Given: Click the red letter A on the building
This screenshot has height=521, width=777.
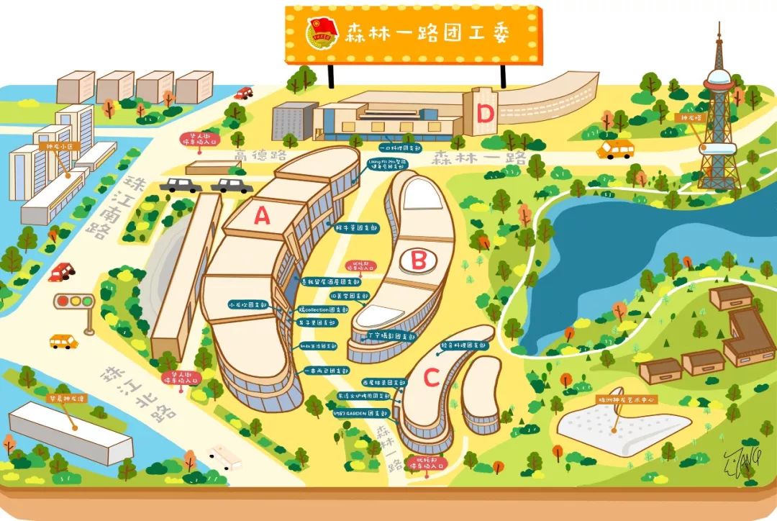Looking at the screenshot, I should (262, 214).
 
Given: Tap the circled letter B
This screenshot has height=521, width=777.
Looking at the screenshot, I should (418, 260).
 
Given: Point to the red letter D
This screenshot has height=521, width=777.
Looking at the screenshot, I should (486, 113).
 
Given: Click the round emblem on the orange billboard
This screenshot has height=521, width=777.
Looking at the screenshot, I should (321, 35).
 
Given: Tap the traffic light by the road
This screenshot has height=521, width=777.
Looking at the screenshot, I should (74, 301).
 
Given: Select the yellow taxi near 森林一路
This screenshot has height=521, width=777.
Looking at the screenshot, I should (616, 149).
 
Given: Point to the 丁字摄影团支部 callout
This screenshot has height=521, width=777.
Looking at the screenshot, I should (391, 335).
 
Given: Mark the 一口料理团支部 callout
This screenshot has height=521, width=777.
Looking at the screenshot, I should (375, 146).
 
